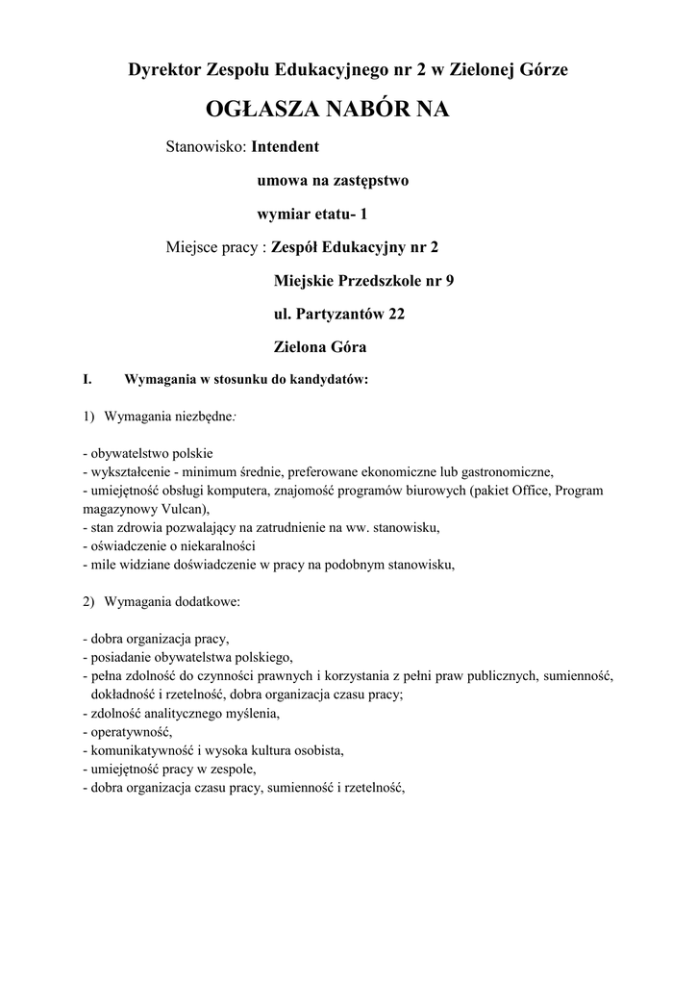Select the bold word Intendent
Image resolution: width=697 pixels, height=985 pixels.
coord(285,148)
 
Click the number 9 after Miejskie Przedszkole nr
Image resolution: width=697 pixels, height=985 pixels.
coord(448,280)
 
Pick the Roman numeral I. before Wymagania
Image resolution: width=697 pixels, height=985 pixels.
coord(87,379)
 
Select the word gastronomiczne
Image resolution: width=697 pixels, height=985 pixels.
coord(502,471)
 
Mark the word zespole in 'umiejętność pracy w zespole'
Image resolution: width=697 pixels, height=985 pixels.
coord(235,768)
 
